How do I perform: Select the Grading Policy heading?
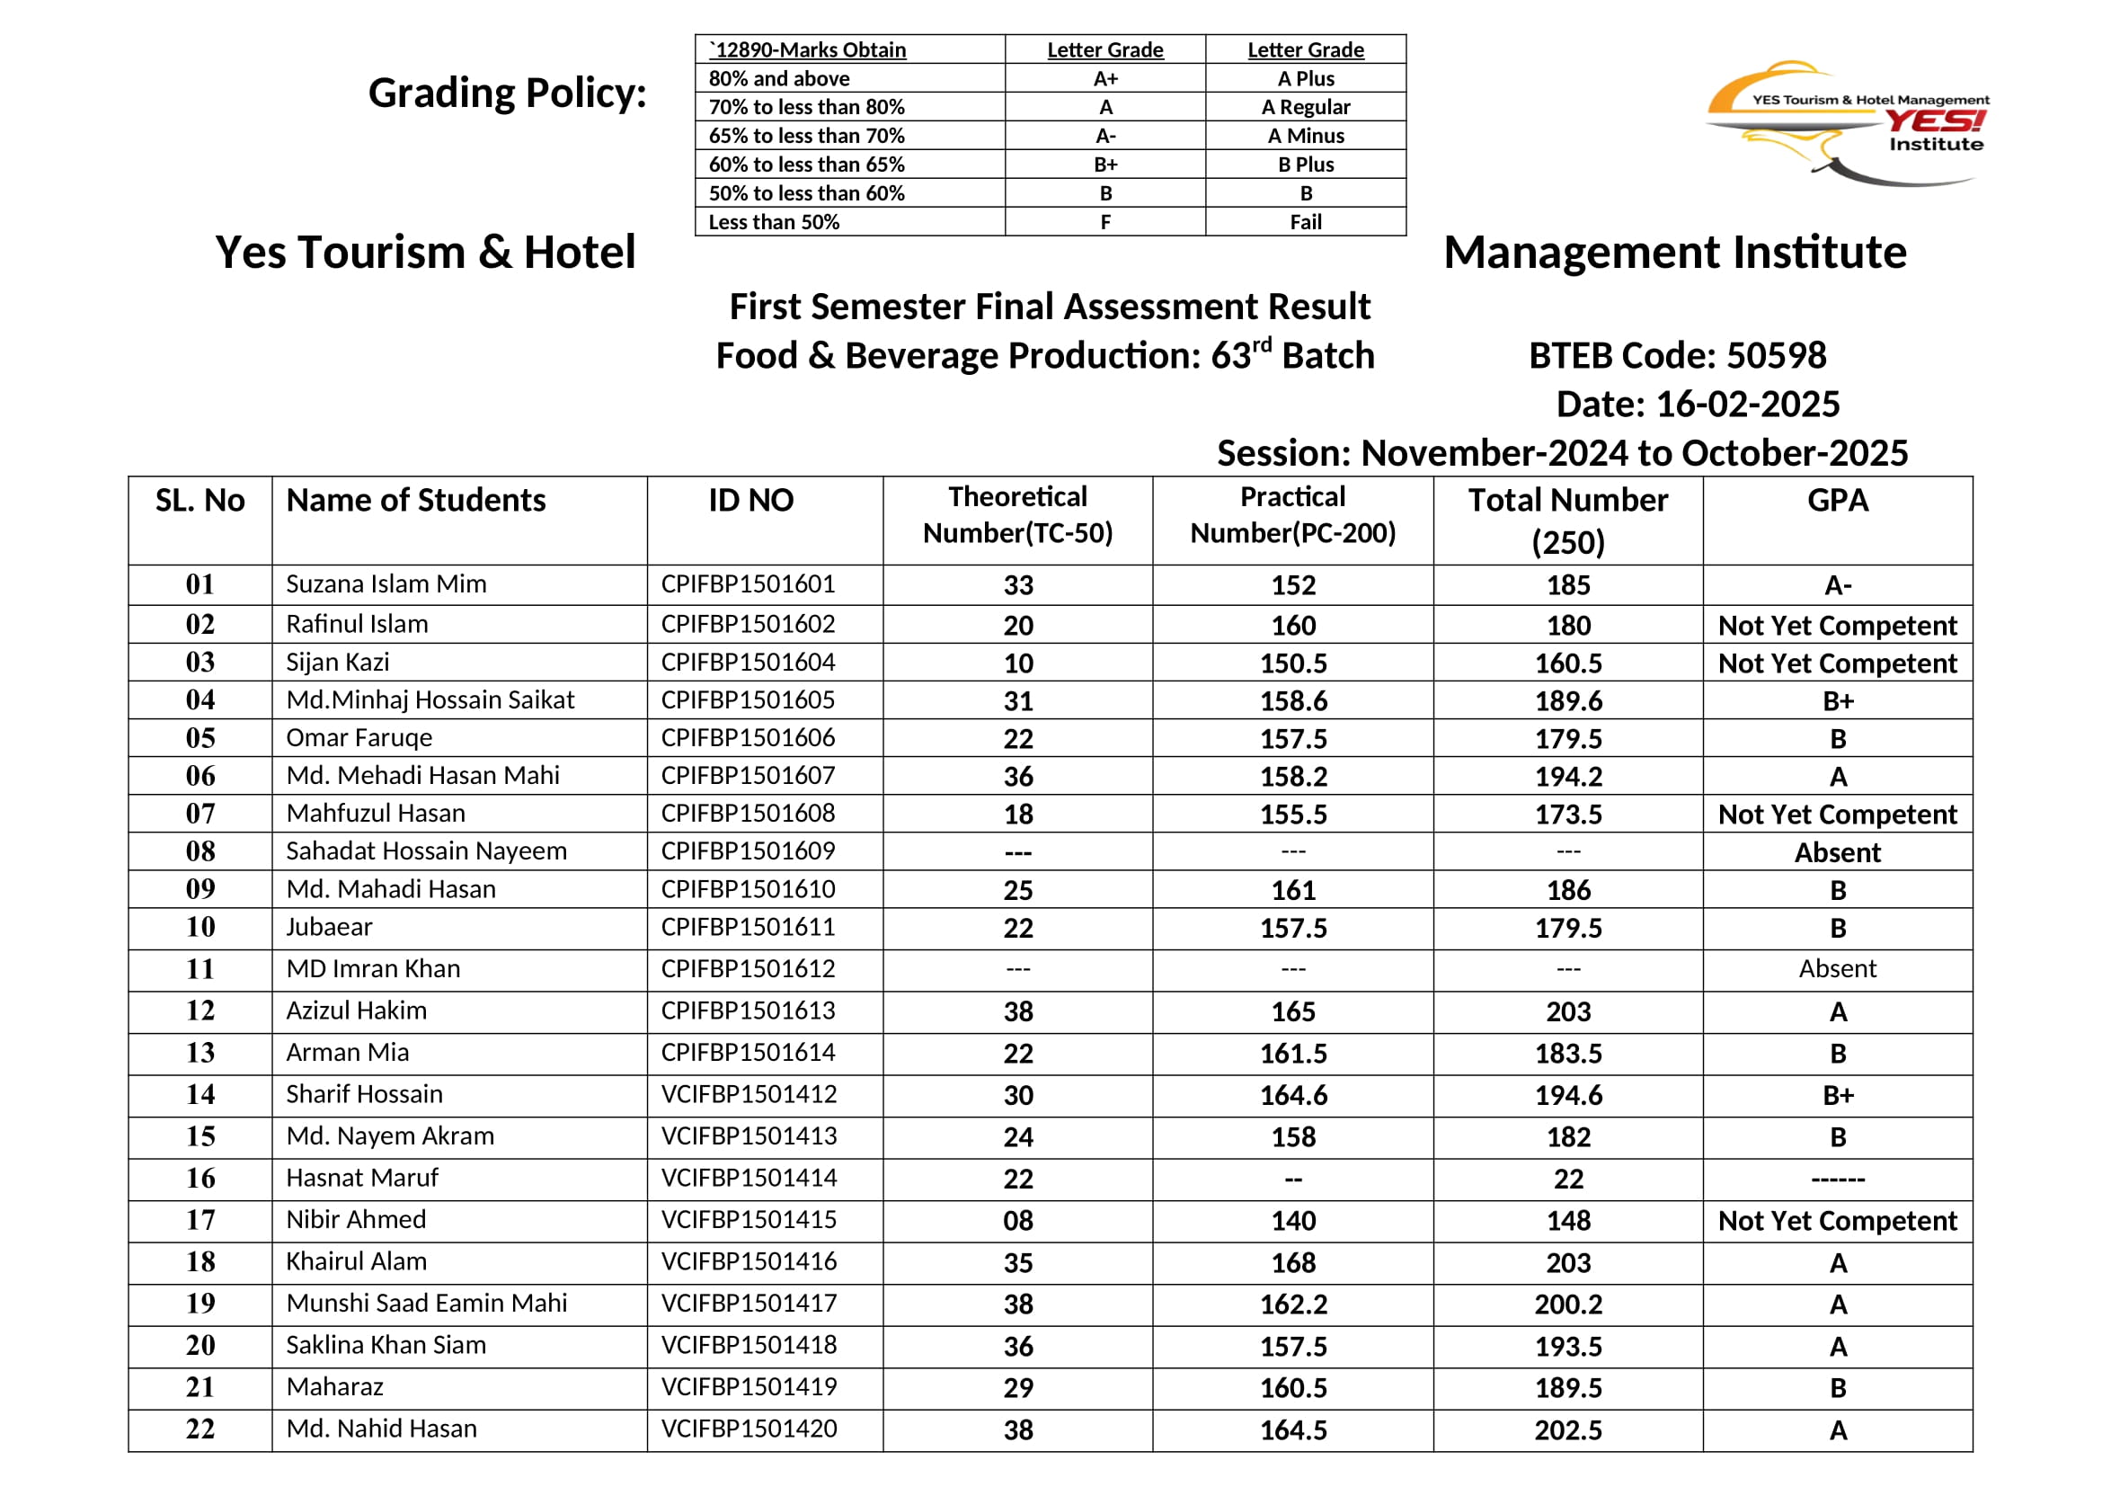click(x=507, y=93)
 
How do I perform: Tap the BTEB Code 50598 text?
click(x=1677, y=355)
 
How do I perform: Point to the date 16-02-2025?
click(x=1698, y=404)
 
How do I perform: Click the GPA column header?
click(x=1838, y=501)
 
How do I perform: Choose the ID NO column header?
click(x=750, y=501)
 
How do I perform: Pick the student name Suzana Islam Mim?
click(x=386, y=584)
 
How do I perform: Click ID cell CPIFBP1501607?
click(x=748, y=776)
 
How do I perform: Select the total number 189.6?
click(x=1568, y=701)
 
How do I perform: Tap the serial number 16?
click(x=200, y=1179)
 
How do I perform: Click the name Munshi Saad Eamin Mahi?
click(x=427, y=1303)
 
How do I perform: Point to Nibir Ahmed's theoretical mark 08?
click(x=1018, y=1221)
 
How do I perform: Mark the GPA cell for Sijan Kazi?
click(x=1838, y=663)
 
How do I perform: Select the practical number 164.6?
click(x=1292, y=1095)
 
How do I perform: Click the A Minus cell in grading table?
click(x=1306, y=137)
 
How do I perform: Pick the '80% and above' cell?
click(x=779, y=79)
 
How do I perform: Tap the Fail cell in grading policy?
click(x=1306, y=222)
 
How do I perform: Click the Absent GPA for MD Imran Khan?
click(x=1838, y=969)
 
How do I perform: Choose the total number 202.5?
click(x=1568, y=1430)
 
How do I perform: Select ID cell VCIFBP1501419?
click(x=749, y=1387)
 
